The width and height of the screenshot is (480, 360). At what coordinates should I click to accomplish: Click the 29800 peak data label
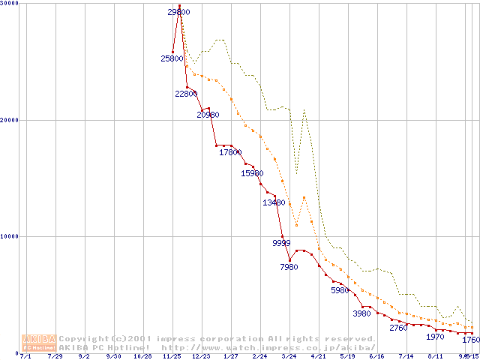coord(179,12)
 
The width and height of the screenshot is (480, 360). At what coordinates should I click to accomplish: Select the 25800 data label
coord(172,58)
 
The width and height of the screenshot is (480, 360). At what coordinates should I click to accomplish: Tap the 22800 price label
coord(186,94)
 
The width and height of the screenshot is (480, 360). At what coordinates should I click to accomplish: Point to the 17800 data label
coord(230,152)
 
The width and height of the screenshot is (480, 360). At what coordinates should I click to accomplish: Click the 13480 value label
coord(274,202)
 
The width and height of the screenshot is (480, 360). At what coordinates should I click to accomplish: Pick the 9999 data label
coord(281,243)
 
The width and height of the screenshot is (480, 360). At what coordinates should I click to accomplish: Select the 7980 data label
coord(289,267)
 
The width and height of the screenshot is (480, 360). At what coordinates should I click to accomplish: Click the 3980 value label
coord(362,313)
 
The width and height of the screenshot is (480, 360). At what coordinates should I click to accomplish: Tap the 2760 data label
coord(398,328)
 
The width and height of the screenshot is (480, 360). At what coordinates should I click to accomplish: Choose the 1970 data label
coord(435,337)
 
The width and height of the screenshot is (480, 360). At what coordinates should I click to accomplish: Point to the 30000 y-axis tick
coord(10,4)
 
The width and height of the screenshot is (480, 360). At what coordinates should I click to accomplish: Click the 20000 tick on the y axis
coord(10,120)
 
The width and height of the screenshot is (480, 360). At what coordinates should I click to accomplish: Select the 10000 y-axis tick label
coord(10,236)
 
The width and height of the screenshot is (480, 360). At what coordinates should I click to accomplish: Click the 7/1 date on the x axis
coord(26,356)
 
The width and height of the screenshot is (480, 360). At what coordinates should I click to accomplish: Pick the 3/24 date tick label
coord(289,356)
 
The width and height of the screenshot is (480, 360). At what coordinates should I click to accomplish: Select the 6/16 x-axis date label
coord(376,356)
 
